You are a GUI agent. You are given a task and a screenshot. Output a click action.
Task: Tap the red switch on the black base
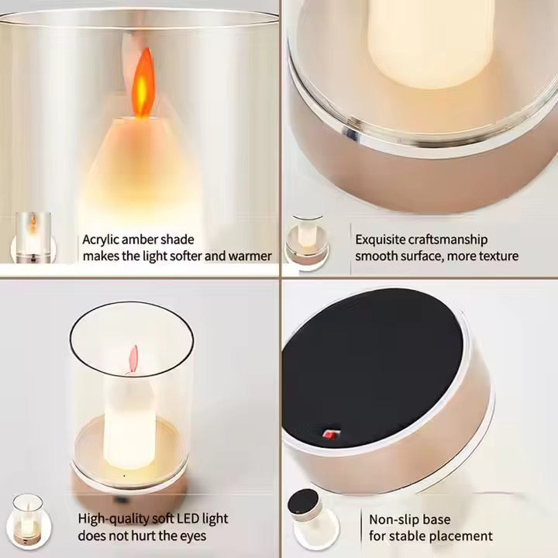point(330,434)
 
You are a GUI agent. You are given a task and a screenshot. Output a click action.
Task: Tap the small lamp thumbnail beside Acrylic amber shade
point(33,238)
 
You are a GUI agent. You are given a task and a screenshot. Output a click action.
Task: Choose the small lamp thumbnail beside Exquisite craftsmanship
point(308,243)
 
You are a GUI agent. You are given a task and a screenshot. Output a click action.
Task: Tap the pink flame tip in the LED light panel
point(133,359)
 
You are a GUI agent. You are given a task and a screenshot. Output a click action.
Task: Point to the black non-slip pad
point(372,367)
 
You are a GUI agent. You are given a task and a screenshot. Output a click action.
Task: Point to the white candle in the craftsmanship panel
point(431,43)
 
